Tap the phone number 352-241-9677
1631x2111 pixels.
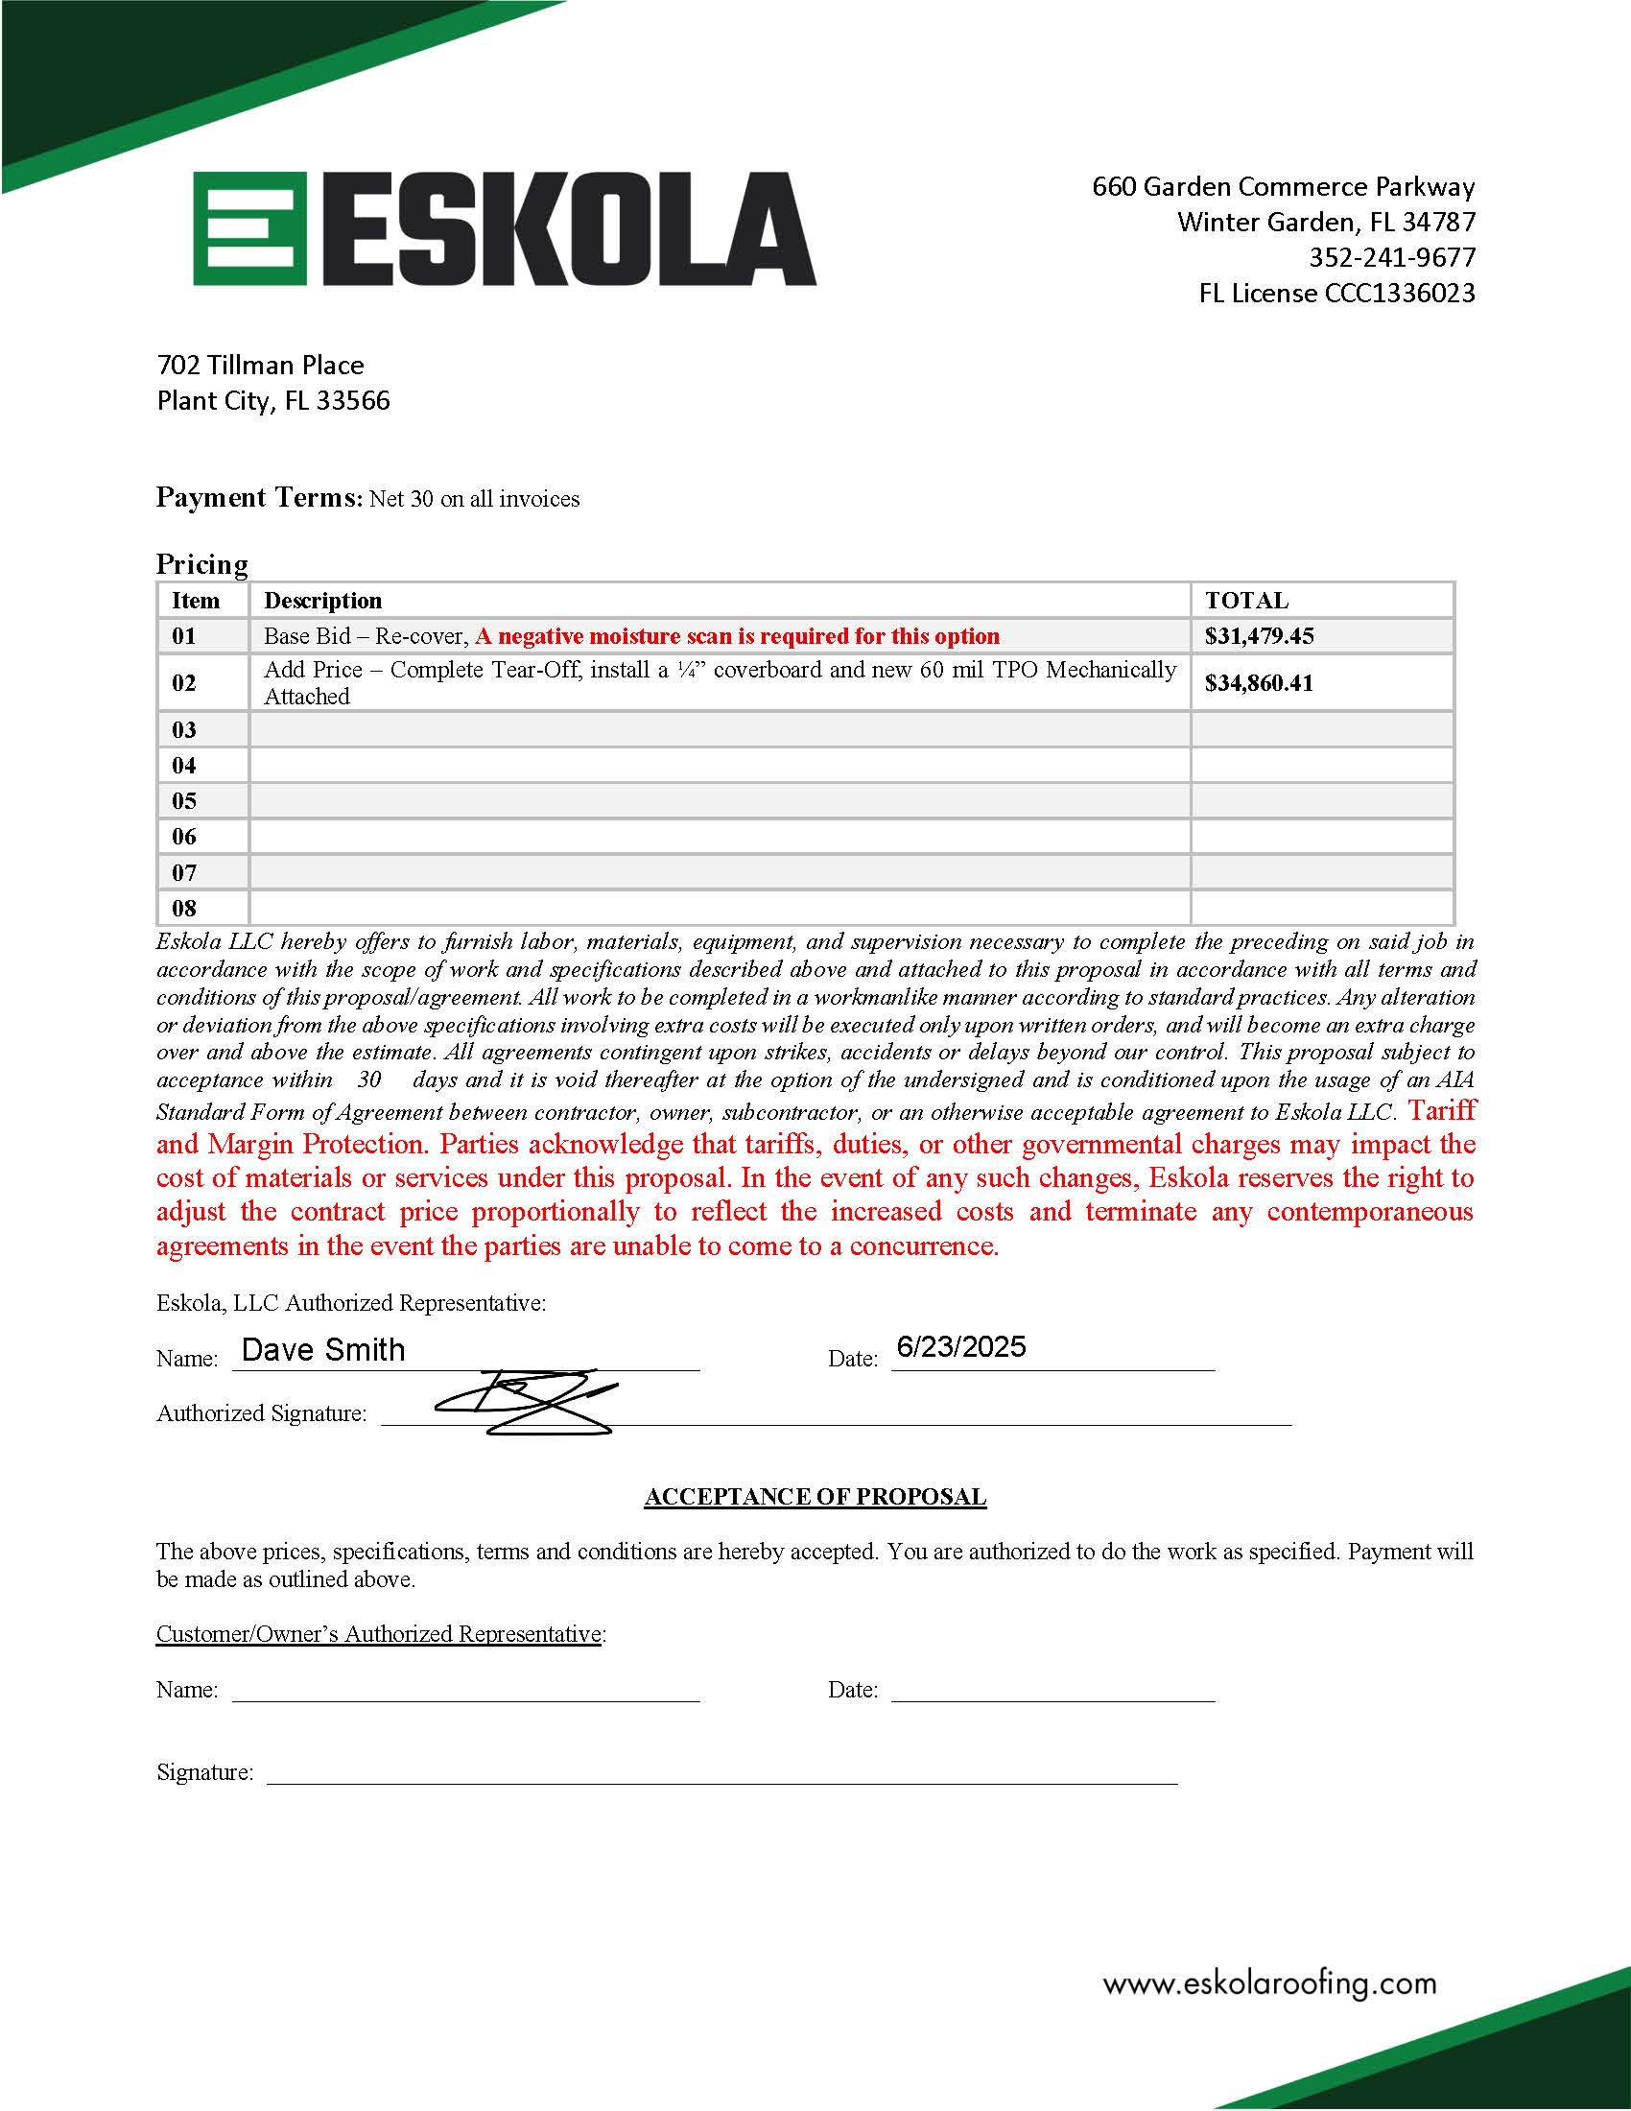pyautogui.click(x=1391, y=258)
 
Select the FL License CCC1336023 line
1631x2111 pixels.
pyautogui.click(x=1336, y=294)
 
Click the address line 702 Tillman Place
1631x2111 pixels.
pyautogui.click(x=260, y=366)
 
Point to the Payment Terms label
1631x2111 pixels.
pyautogui.click(x=257, y=498)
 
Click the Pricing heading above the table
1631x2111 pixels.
pyautogui.click(x=201, y=564)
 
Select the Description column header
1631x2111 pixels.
pyautogui.click(x=322, y=601)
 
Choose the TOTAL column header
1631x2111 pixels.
pyautogui.click(x=1246, y=601)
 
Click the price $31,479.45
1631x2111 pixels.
pyautogui.click(x=1259, y=636)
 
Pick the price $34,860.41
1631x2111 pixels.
pyautogui.click(x=1259, y=683)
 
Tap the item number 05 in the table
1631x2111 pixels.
pyautogui.click(x=183, y=801)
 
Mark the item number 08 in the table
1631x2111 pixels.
pyautogui.click(x=183, y=909)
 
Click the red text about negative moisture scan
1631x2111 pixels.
pyautogui.click(x=737, y=636)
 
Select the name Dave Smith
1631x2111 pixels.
pyautogui.click(x=322, y=1350)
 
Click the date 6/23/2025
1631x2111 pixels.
pyautogui.click(x=960, y=1347)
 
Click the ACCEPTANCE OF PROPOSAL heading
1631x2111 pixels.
pyautogui.click(x=815, y=1497)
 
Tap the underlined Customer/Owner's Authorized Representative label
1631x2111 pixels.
pyautogui.click(x=379, y=1634)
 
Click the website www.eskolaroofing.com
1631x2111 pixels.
pyautogui.click(x=1269, y=1984)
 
